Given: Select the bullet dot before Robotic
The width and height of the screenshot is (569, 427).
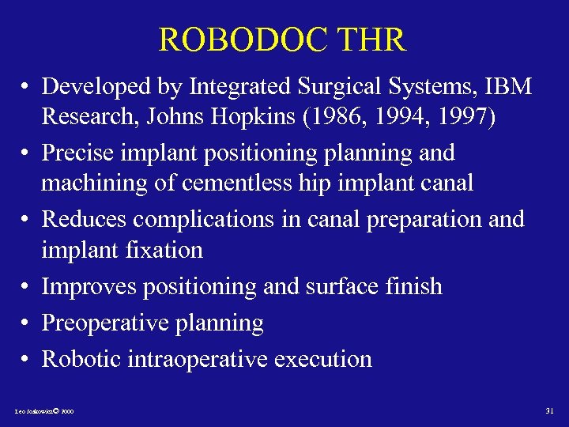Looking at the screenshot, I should point(26,360).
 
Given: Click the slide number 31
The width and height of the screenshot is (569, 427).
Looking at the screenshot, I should point(550,410).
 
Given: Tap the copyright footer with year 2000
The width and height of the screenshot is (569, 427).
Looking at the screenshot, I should point(44,412).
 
